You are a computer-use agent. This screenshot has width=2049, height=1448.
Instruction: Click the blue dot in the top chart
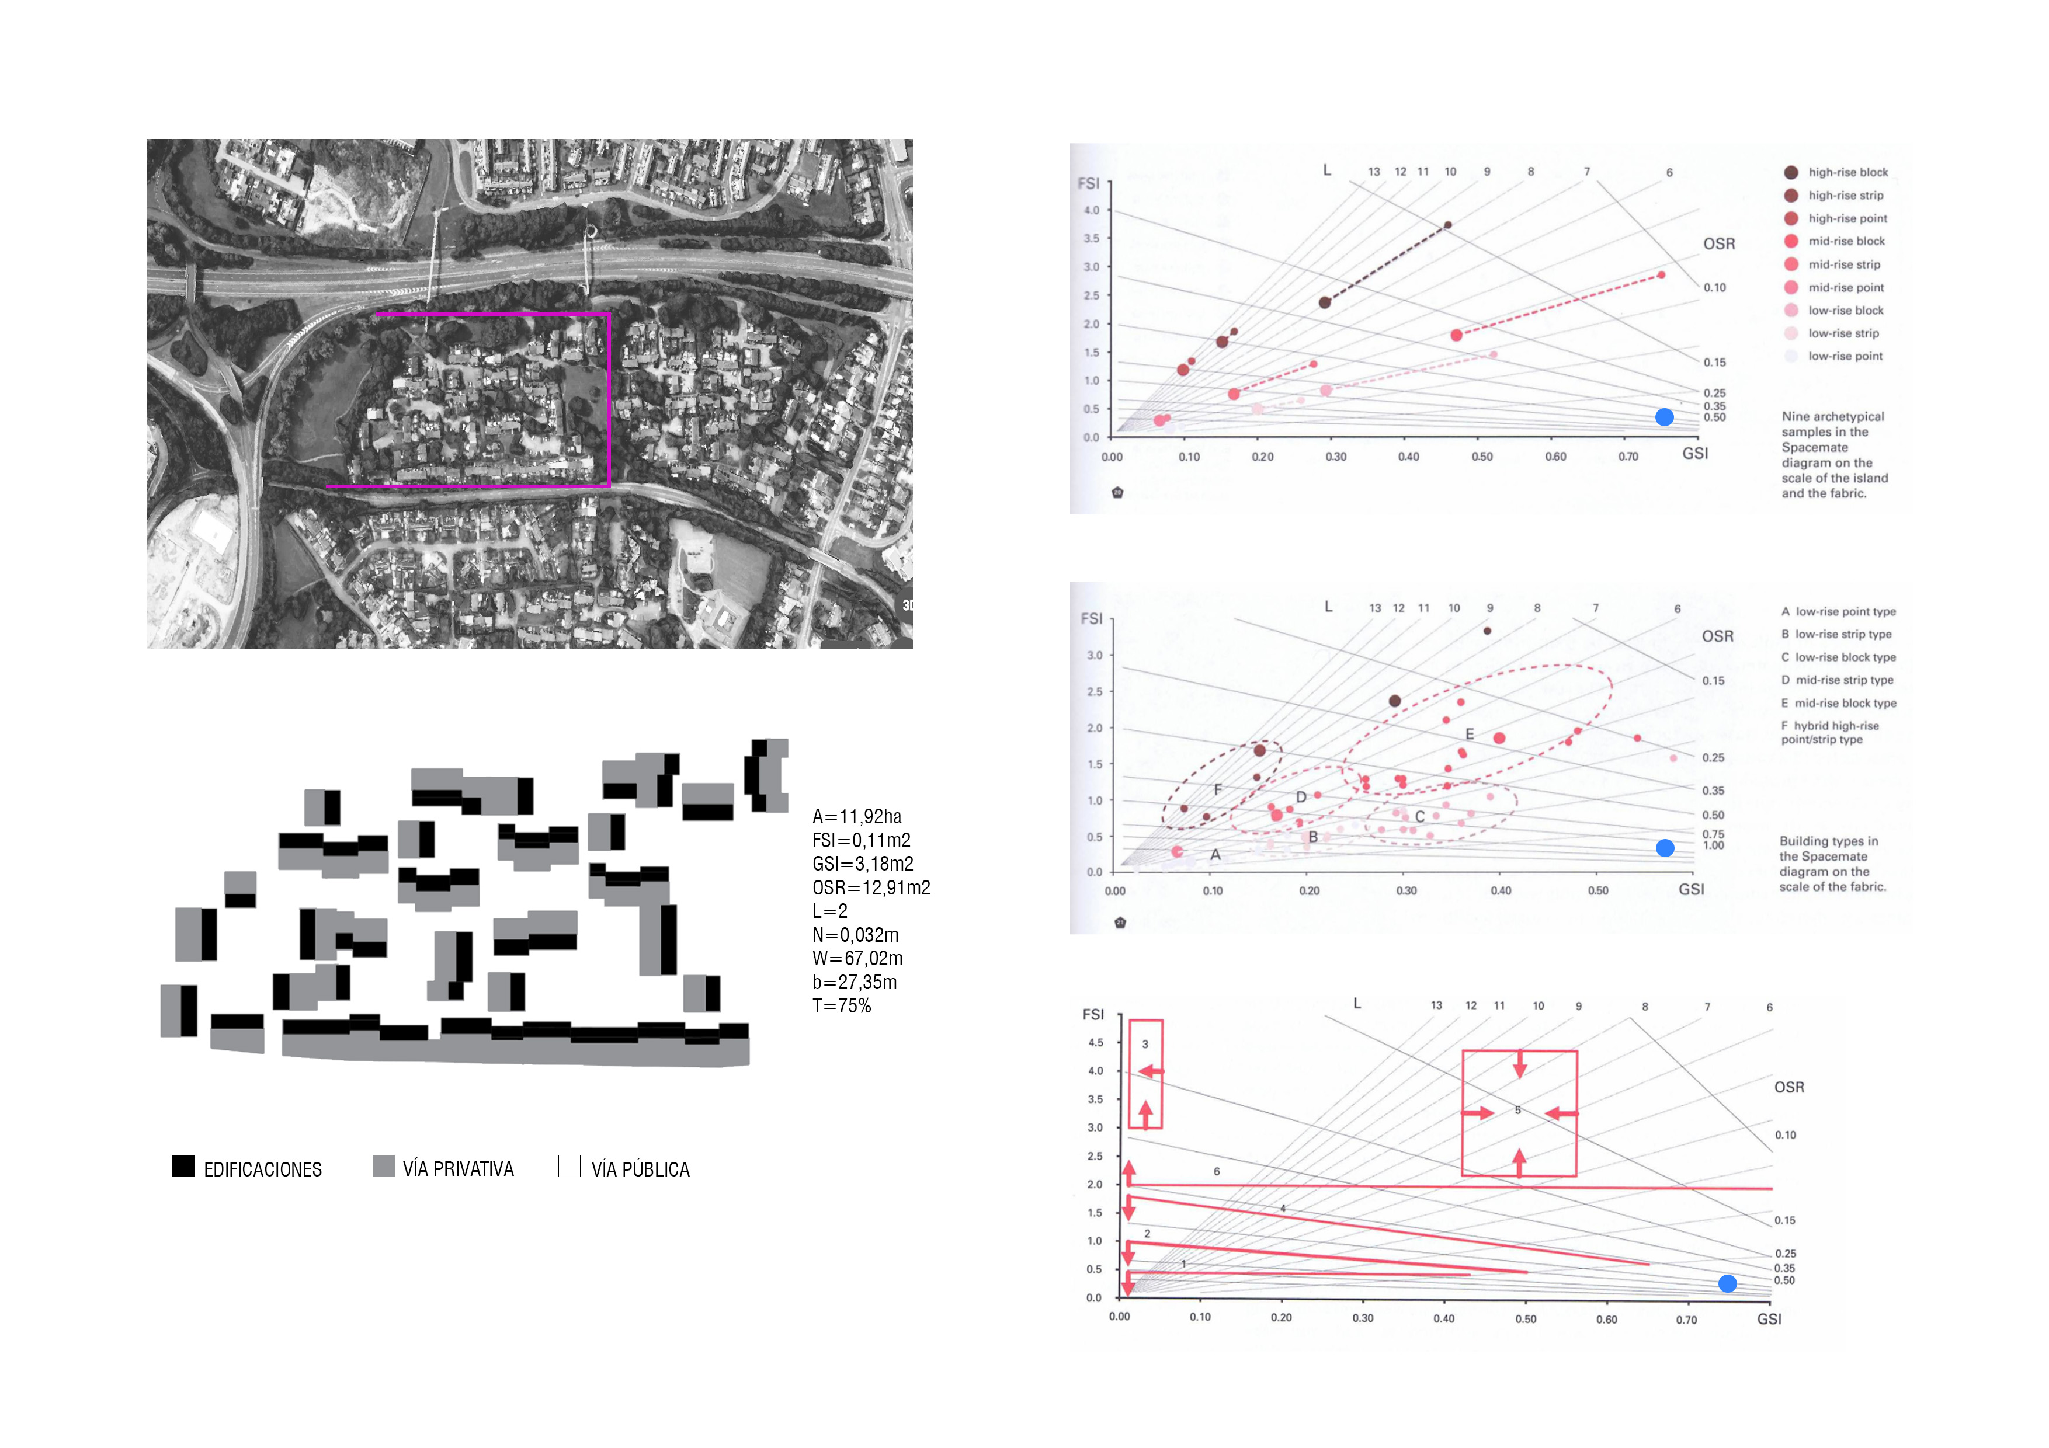[x=1664, y=417]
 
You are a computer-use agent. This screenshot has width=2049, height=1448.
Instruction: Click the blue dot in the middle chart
[x=1665, y=848]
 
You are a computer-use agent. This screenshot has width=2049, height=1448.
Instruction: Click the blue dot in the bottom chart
[x=1728, y=1283]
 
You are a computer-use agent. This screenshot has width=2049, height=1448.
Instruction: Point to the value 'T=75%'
[x=842, y=1005]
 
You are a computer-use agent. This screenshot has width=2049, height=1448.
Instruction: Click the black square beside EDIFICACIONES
[x=183, y=1166]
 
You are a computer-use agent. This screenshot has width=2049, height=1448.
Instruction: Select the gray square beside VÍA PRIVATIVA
[x=384, y=1166]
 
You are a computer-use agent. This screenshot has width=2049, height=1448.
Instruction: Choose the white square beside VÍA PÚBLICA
[x=569, y=1166]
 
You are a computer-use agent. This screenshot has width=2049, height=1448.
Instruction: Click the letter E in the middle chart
[x=1470, y=733]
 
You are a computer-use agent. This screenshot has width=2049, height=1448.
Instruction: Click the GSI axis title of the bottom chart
[x=1769, y=1318]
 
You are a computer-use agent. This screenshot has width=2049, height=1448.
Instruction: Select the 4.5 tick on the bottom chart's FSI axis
[x=1095, y=1042]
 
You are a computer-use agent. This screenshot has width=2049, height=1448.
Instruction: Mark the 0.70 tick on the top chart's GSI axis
[x=1628, y=456]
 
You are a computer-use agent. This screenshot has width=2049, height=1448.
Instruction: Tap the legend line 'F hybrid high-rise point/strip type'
[x=1831, y=733]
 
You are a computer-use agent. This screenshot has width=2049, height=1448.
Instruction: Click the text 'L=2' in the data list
[x=830, y=911]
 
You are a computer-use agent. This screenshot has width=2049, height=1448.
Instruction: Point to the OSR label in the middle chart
[x=1718, y=636]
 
